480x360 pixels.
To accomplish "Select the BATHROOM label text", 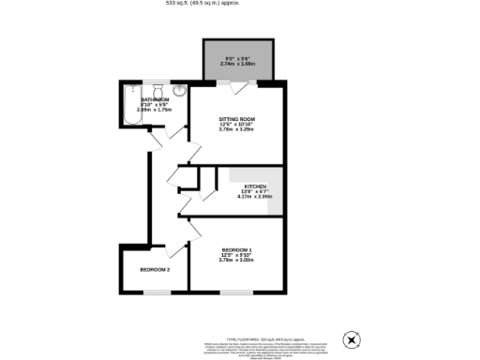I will (x=154, y=98).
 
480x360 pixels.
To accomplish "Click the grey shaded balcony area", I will (x=238, y=61).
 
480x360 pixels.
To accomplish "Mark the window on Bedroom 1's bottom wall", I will (x=235, y=292).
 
